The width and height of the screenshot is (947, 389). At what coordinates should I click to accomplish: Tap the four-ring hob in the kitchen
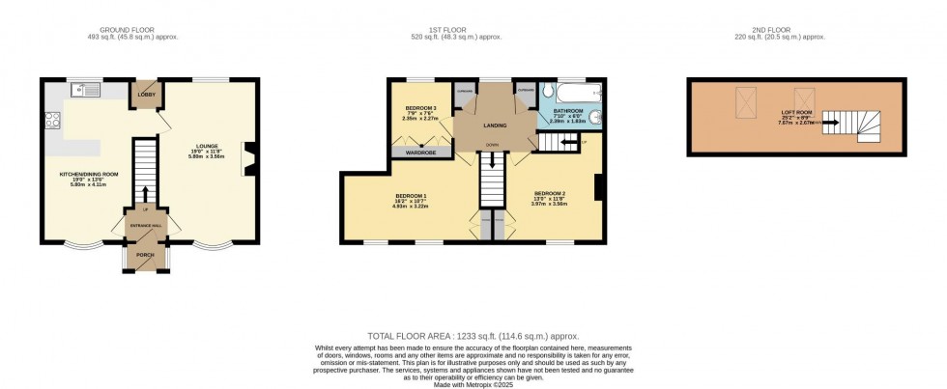coord(51,121)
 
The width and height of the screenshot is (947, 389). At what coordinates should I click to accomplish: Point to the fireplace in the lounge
coord(249,159)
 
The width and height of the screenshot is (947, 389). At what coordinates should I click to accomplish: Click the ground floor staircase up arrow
coord(144,193)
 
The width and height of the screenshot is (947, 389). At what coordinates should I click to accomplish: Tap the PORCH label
coord(145,256)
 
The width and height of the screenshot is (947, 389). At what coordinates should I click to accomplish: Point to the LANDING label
coord(496,124)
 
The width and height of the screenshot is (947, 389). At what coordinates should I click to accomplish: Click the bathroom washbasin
coord(596,120)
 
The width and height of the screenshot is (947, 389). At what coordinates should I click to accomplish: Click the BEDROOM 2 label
coord(549,193)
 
